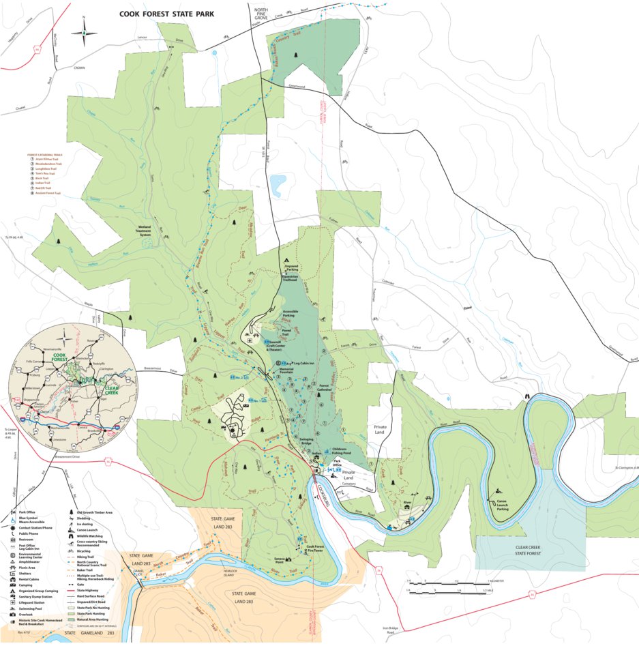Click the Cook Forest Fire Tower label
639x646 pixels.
click(318, 548)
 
